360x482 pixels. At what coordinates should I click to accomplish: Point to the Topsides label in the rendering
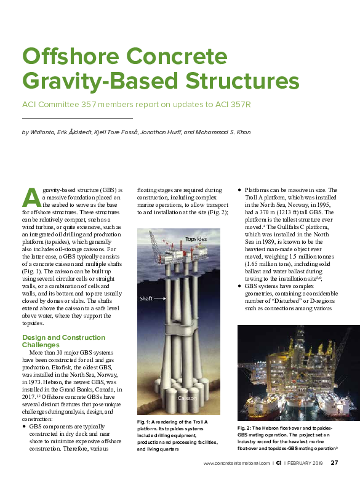coord(196,239)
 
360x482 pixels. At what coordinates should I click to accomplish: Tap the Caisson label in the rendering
coord(187,399)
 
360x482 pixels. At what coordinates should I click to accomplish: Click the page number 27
coord(334,463)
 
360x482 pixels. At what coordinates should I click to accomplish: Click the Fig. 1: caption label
coord(145,420)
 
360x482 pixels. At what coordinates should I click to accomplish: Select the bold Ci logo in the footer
coord(279,463)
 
